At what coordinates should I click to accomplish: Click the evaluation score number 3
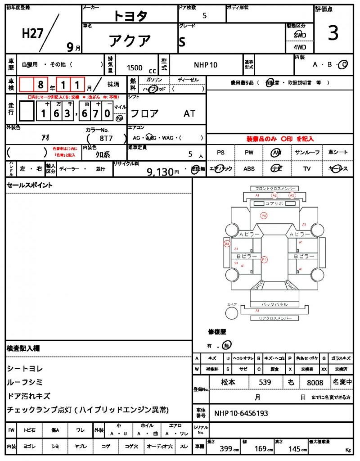[x=333, y=34]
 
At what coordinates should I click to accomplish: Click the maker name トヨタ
[x=130, y=16]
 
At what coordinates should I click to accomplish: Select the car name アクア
[x=130, y=41]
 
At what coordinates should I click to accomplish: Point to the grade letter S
[x=182, y=42]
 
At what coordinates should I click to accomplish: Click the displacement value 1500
[x=135, y=68]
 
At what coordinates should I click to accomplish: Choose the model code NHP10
[x=206, y=65]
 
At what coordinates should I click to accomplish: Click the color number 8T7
[x=106, y=139]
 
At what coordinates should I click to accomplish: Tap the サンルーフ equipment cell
[x=307, y=153]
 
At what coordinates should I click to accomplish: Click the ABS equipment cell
[x=249, y=169]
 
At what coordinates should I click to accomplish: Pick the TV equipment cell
[x=307, y=169]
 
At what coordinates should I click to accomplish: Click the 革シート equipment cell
[x=338, y=153]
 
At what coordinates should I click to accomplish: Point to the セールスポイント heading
[x=29, y=185]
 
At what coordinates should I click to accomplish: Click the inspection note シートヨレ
[x=25, y=369]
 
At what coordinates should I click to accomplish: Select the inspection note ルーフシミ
[x=25, y=382]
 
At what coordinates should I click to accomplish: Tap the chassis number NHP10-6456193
[x=241, y=413]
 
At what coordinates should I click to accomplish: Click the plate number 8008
[x=315, y=383]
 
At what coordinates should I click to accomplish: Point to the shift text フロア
[x=144, y=114]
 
